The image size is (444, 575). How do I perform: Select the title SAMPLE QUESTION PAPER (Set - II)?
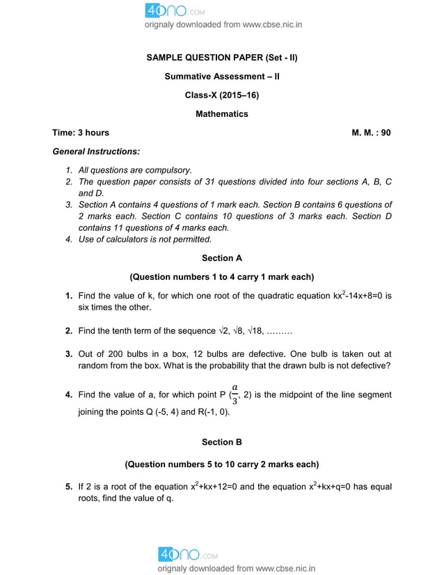[221, 57]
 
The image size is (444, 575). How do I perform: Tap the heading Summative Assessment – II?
[221, 76]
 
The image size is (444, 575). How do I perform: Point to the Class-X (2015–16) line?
[221, 95]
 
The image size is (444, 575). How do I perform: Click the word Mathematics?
[221, 113]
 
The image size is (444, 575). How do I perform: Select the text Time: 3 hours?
[81, 132]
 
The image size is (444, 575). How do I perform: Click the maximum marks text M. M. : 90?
[371, 132]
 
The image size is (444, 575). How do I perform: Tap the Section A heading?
[221, 258]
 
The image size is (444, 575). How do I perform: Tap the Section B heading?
[221, 442]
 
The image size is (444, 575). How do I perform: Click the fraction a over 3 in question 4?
[235, 394]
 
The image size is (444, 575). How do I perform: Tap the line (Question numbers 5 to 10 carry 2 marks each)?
[221, 464]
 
